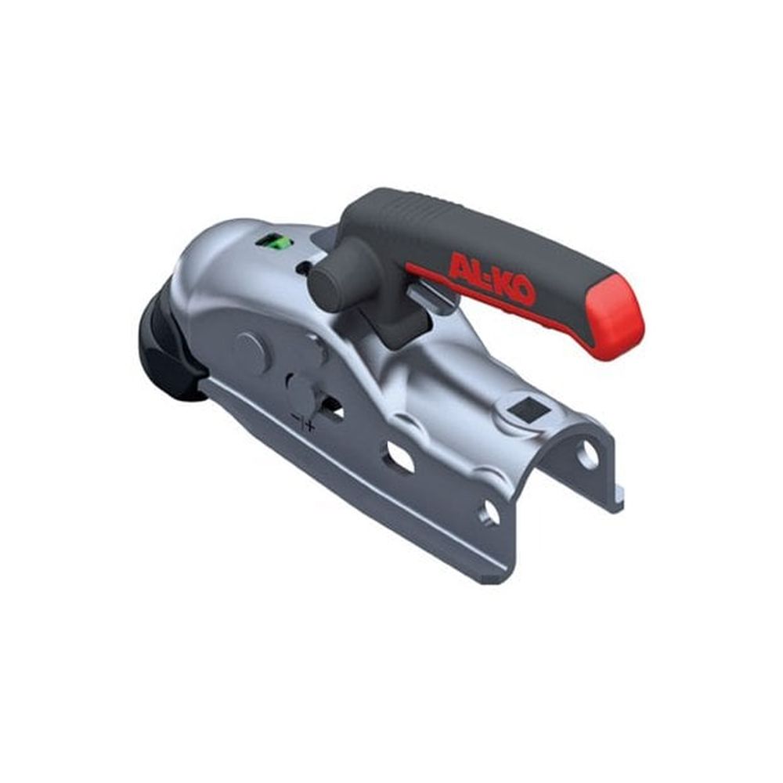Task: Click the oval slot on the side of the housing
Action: click(x=399, y=456)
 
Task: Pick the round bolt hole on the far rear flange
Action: click(x=588, y=453)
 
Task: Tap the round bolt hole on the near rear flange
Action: click(x=490, y=512)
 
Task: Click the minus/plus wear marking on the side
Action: click(x=303, y=424)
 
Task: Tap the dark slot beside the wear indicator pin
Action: click(x=332, y=408)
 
